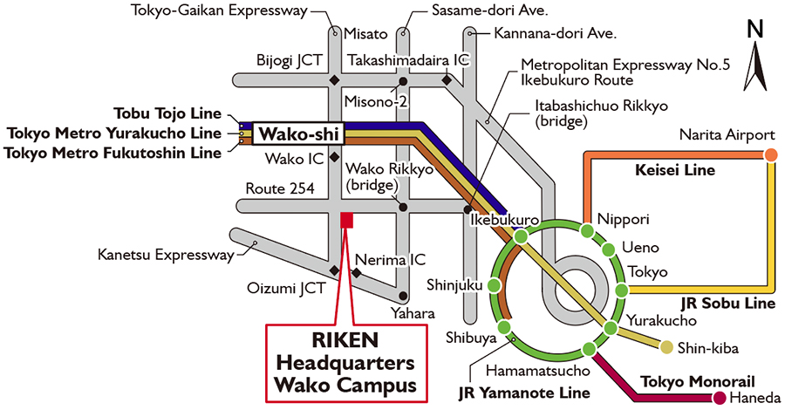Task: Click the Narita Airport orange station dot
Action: (770, 155)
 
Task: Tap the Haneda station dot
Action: (720, 399)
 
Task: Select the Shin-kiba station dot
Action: (666, 348)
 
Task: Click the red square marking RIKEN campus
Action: (346, 221)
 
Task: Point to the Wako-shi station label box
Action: (298, 134)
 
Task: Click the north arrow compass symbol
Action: (755, 58)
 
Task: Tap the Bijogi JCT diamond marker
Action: (334, 81)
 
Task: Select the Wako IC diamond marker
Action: (334, 158)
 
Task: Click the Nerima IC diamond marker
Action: (356, 273)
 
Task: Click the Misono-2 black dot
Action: (402, 82)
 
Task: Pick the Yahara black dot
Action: (402, 297)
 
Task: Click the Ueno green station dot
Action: (611, 253)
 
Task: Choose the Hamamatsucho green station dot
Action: (588, 350)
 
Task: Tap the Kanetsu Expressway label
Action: (166, 256)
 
